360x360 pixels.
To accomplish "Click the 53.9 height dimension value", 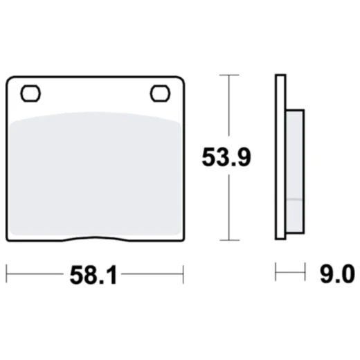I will (226, 157).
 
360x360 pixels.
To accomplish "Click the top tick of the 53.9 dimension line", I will (229, 74).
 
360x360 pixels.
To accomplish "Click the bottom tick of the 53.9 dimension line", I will (229, 240).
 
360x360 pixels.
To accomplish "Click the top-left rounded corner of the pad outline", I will (9, 78).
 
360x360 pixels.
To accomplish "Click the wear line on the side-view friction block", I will (294, 199).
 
